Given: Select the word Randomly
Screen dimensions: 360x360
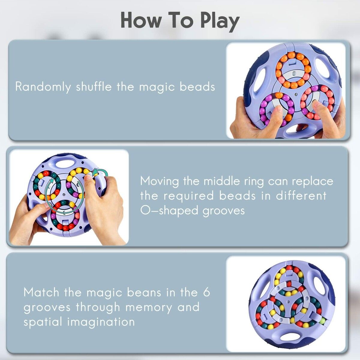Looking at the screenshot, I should click(x=43, y=87).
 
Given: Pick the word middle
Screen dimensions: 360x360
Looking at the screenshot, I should click(x=221, y=181).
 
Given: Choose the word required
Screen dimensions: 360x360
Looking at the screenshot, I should click(x=189, y=196).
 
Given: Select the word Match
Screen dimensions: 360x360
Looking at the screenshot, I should click(x=41, y=292).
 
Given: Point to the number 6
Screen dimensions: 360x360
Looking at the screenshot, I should click(x=206, y=292).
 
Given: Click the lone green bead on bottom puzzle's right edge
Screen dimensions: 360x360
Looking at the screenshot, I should click(x=322, y=321).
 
